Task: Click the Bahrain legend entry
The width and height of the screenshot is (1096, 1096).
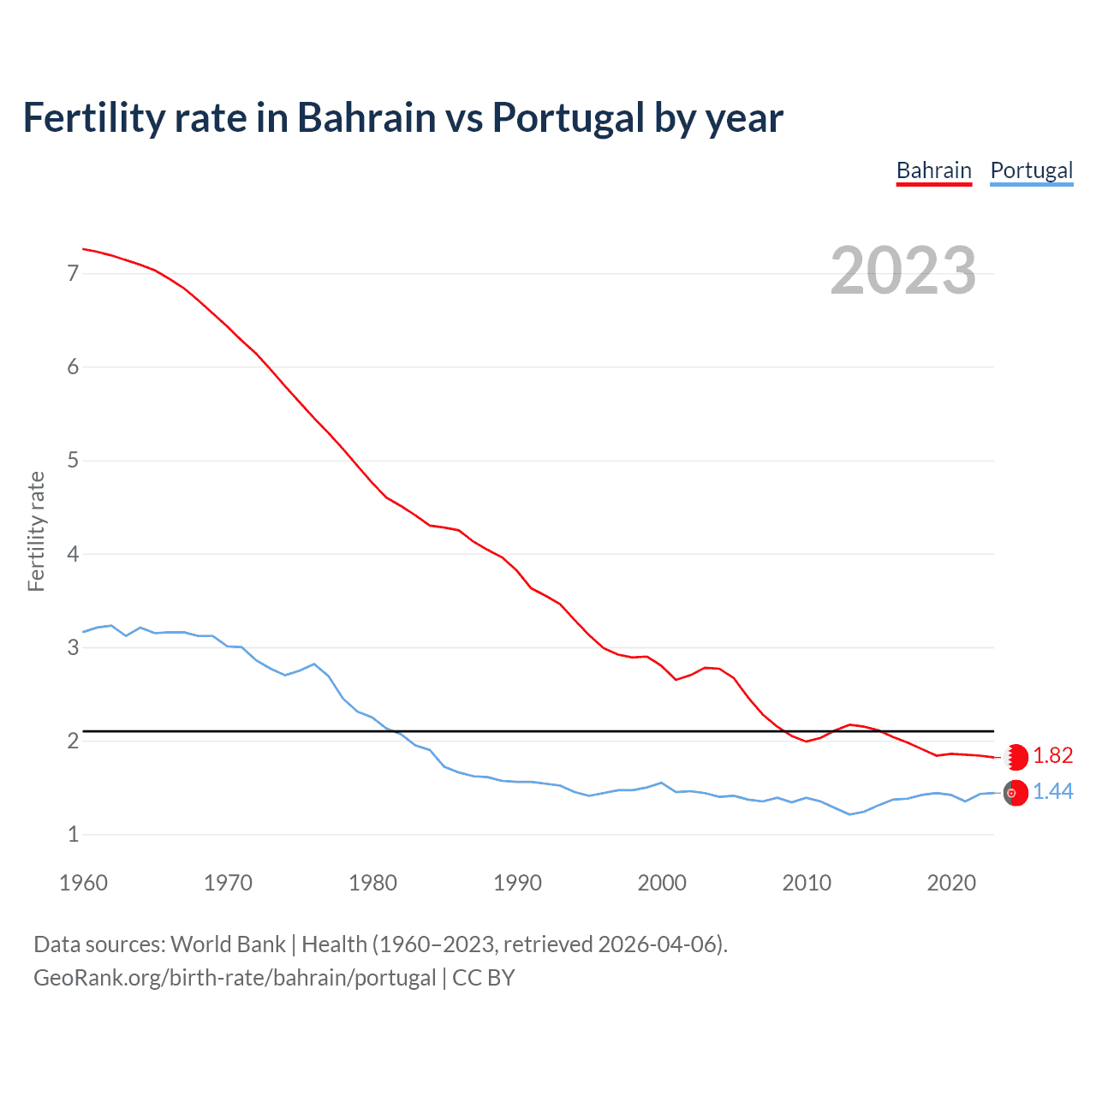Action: (933, 170)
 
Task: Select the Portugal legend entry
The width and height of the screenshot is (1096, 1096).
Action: (1031, 170)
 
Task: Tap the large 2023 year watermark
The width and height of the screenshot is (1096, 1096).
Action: (902, 271)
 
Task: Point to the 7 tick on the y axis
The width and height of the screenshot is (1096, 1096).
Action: (73, 274)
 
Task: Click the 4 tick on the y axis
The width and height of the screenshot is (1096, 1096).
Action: (73, 554)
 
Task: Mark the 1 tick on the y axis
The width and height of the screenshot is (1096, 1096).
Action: (73, 834)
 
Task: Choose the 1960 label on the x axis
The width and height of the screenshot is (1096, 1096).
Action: (83, 883)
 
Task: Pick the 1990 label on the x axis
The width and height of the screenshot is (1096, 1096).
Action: (517, 883)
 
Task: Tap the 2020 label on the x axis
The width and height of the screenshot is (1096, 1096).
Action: (951, 883)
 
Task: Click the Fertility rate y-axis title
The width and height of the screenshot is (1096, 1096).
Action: (36, 531)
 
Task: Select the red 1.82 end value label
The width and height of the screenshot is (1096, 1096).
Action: (1052, 755)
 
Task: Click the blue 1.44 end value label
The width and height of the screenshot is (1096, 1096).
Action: (1052, 792)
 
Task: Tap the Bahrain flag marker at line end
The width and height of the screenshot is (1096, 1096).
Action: (1016, 757)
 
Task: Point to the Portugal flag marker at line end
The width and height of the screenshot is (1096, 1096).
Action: (1016, 793)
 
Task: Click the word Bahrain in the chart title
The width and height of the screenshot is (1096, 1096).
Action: (366, 118)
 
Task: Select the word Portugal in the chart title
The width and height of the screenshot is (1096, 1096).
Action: (568, 118)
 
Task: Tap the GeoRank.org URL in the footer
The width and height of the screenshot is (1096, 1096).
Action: (235, 978)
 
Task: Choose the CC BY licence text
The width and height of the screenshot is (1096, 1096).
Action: (483, 978)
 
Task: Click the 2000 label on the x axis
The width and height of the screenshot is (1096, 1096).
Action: (662, 883)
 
